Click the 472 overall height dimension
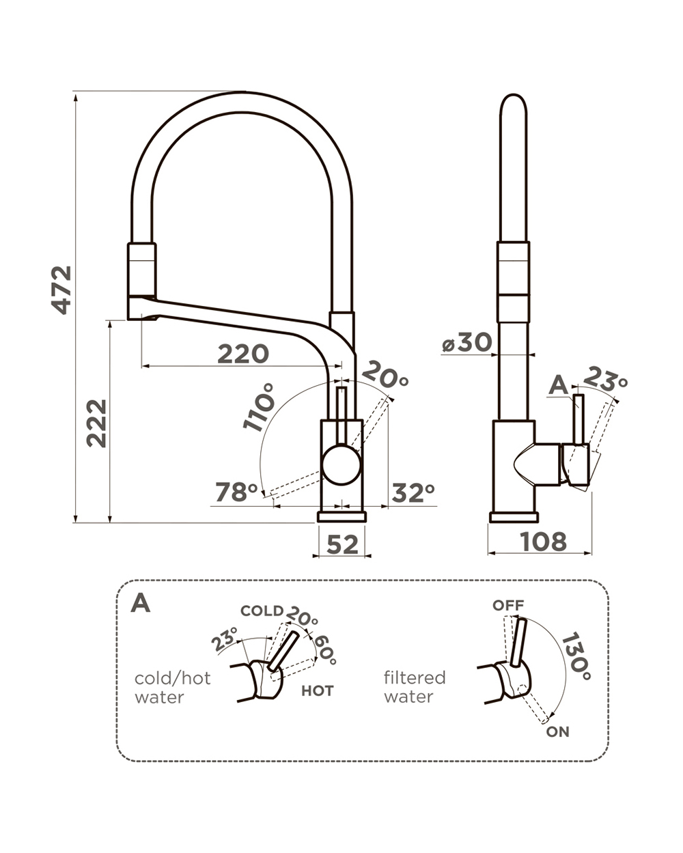[62, 290]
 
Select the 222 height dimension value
[97, 423]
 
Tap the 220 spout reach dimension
[242, 354]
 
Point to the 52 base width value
[342, 544]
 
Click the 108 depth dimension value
[543, 542]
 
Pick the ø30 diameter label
[466, 343]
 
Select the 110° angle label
[257, 406]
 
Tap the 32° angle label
[413, 492]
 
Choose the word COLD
[262, 611]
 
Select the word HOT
[318, 691]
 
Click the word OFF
[508, 606]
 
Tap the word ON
[557, 732]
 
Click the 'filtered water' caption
[415, 687]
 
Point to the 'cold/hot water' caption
[173, 688]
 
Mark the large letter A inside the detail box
[140, 603]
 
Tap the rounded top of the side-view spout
[514, 102]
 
